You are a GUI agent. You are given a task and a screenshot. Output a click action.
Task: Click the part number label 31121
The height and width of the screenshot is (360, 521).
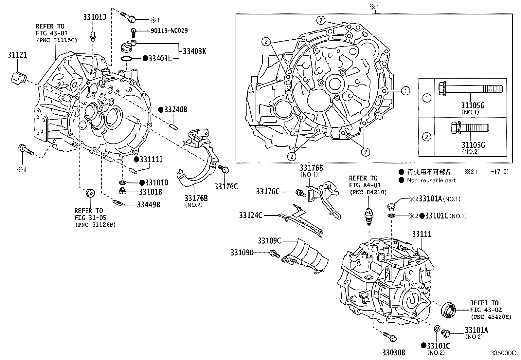pos(17,55)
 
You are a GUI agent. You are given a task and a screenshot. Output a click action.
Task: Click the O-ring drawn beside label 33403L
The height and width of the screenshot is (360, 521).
pos(127,59)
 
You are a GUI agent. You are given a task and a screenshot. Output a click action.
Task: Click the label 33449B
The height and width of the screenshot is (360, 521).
pos(149,205)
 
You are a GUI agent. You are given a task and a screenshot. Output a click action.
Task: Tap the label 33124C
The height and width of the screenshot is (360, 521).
pos(251,215)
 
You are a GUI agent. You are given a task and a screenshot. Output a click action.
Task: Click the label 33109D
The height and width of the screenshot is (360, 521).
pos(242,252)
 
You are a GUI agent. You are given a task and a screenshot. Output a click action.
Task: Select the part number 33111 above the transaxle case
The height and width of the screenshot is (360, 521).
pos(422,234)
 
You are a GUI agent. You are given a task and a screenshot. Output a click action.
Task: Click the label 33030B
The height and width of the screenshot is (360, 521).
pos(393,352)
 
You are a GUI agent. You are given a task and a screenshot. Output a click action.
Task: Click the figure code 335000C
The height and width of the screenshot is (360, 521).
pos(503,353)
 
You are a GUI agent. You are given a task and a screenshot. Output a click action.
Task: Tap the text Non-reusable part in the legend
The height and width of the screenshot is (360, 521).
pos(431,180)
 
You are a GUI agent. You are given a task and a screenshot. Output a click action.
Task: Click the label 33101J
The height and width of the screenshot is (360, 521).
pos(94,17)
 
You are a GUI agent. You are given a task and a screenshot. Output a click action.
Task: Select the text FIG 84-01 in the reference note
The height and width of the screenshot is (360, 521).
pos(363,185)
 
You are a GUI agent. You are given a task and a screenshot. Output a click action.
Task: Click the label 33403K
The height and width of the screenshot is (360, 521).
pos(194,51)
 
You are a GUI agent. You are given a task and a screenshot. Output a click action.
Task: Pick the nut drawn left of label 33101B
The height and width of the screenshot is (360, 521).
pos(124,191)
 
